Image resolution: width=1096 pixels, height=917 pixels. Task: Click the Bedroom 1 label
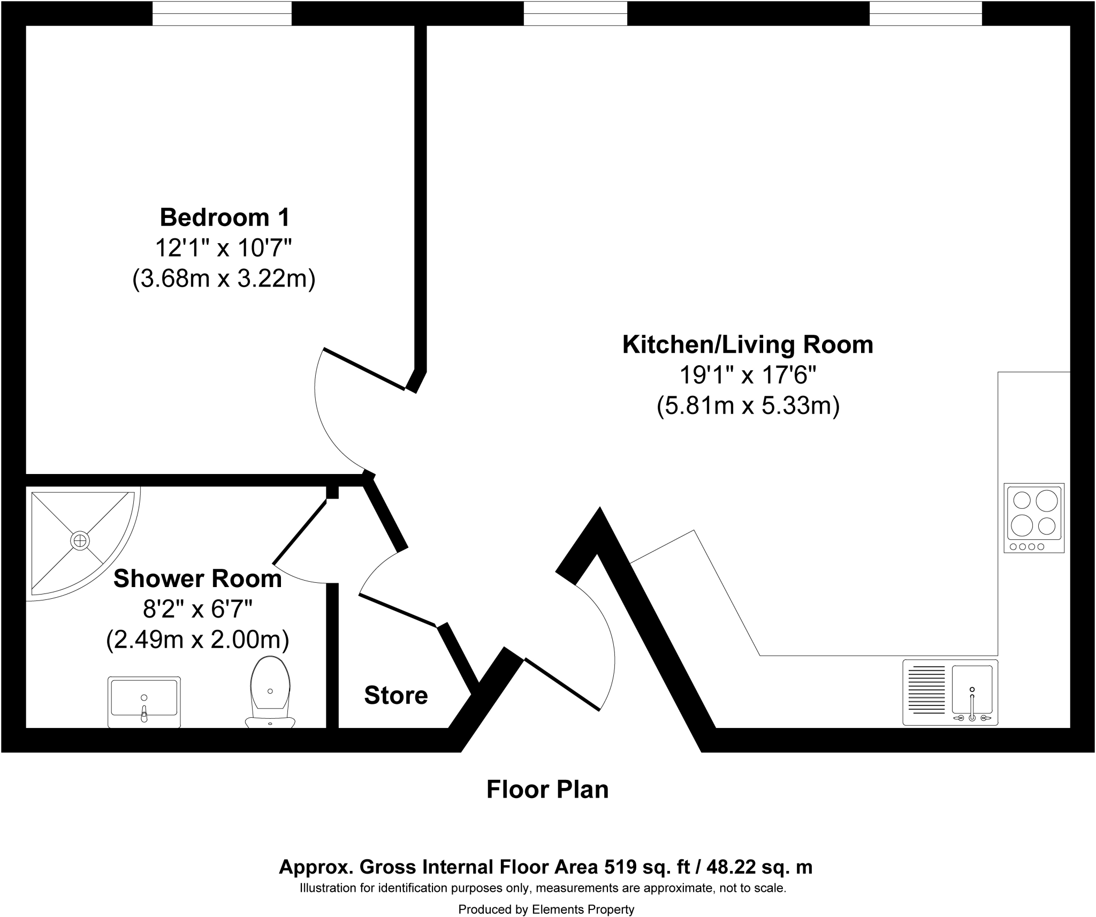click(x=224, y=217)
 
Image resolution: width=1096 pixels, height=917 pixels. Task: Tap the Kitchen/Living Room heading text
click(x=748, y=344)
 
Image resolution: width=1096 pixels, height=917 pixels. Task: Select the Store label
click(x=395, y=695)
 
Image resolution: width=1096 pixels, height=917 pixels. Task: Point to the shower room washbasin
click(x=144, y=701)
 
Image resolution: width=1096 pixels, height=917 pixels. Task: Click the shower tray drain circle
click(x=79, y=541)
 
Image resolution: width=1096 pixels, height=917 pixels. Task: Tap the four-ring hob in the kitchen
click(x=1034, y=517)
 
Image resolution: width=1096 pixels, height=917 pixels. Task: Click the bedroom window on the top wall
click(x=222, y=13)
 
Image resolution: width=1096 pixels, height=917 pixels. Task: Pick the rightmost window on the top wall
click(x=925, y=13)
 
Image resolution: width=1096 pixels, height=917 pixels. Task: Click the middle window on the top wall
click(x=575, y=13)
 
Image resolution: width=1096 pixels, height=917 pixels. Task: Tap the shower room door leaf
click(x=300, y=532)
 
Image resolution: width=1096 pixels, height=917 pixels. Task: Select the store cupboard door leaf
click(x=397, y=611)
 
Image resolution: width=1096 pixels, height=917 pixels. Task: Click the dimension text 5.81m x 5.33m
click(x=748, y=406)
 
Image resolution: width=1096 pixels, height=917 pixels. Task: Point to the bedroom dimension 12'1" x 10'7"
click(x=224, y=249)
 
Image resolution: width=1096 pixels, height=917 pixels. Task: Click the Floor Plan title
click(x=547, y=790)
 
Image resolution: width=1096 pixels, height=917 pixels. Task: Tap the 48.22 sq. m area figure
click(x=759, y=867)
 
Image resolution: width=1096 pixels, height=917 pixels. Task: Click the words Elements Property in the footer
click(x=583, y=909)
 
